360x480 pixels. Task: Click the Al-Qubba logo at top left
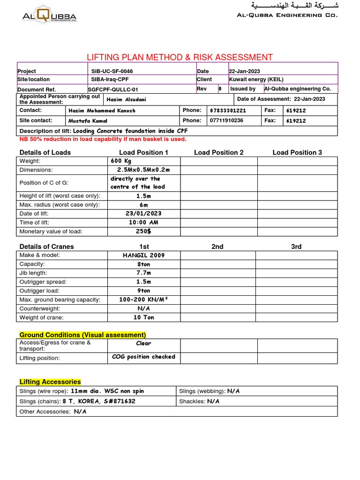[49, 17]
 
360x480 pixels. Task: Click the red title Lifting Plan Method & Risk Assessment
[180, 57]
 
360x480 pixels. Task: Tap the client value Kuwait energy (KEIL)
[256, 80]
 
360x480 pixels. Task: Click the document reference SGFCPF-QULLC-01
[113, 89]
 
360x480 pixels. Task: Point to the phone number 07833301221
[228, 111]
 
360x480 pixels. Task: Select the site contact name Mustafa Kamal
[88, 120]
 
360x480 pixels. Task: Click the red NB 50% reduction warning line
[103, 139]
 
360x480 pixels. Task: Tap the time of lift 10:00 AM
[143, 223]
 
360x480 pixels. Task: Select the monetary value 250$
[143, 232]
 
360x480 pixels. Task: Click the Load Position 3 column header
[297, 152]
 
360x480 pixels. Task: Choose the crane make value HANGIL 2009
[143, 255]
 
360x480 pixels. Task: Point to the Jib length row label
[34, 273]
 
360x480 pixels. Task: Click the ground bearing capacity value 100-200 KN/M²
[143, 300]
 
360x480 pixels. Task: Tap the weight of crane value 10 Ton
[143, 317]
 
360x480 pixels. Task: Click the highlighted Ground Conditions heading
[82, 335]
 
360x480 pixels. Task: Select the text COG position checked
[143, 357]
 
